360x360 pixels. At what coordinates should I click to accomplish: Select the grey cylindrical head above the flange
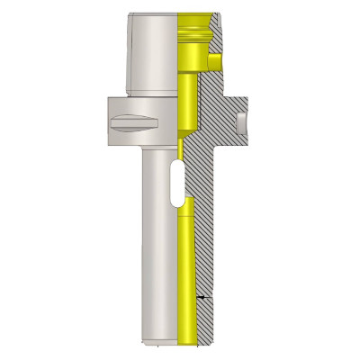(153, 54)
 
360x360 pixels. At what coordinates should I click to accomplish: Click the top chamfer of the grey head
(153, 16)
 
